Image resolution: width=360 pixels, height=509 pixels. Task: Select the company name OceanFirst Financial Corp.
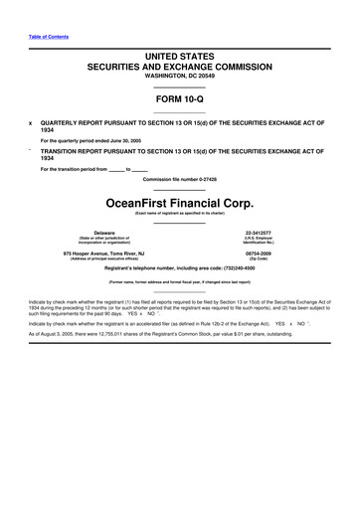pyautogui.click(x=179, y=198)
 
